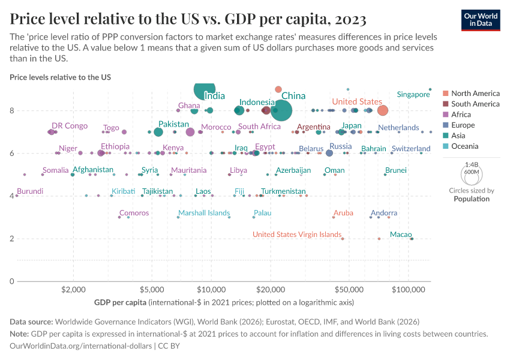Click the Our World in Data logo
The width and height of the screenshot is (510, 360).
(x=481, y=19)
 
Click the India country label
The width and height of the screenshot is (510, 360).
(x=215, y=96)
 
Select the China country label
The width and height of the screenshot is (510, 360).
(x=293, y=96)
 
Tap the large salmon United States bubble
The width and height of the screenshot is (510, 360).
(x=382, y=110)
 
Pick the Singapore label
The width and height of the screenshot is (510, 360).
(x=413, y=94)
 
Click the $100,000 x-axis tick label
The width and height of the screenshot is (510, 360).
(x=409, y=289)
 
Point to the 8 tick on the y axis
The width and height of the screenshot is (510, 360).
(x=12, y=110)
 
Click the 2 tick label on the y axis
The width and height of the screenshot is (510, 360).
(x=12, y=239)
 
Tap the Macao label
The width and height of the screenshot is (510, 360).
(x=400, y=234)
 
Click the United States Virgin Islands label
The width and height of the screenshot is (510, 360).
(x=296, y=235)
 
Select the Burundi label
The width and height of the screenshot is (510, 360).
(x=30, y=191)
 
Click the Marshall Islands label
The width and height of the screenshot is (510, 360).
(x=203, y=213)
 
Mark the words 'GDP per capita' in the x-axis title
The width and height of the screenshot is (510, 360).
(x=120, y=302)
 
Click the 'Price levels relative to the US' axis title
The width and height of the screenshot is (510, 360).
(x=60, y=77)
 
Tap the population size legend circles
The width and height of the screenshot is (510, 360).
(x=471, y=173)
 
